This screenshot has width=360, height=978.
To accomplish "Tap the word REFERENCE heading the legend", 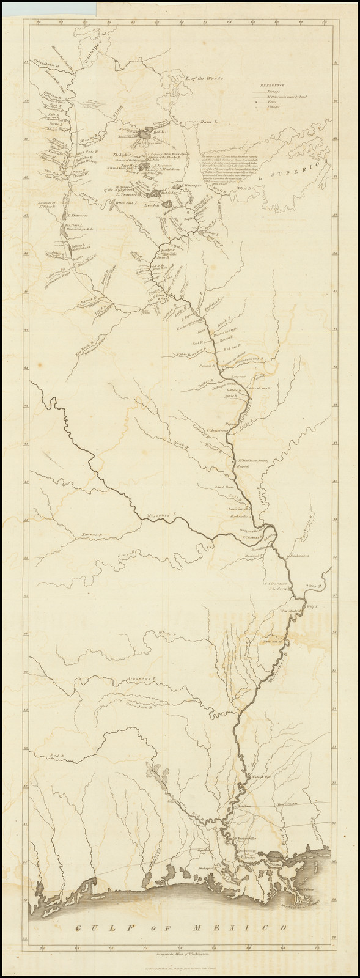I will (x=269, y=86).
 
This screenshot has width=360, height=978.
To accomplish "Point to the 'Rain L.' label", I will (x=209, y=123).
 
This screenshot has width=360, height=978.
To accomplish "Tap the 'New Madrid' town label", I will (x=291, y=611).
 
